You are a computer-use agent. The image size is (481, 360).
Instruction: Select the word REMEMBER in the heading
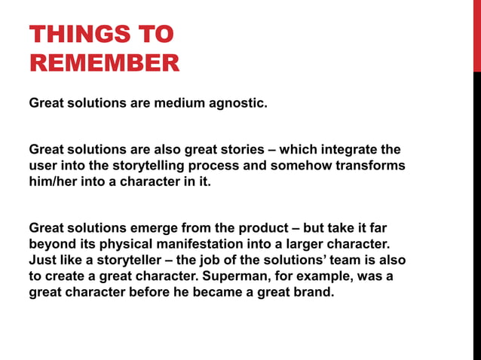click(104, 63)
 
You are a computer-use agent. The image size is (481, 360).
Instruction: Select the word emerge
click(179, 228)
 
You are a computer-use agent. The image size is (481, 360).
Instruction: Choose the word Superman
click(236, 276)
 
